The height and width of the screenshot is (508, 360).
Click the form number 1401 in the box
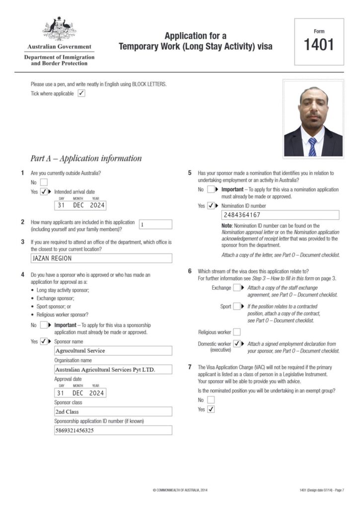tap(319, 45)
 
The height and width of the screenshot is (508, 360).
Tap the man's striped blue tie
tap(312, 147)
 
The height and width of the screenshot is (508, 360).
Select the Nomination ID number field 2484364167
tap(280, 215)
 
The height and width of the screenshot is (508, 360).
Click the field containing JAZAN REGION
tap(101, 258)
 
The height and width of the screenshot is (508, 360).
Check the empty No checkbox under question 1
tap(44, 182)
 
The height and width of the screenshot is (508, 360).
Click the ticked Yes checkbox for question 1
tap(44, 191)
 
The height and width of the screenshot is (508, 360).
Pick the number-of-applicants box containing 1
tap(155, 224)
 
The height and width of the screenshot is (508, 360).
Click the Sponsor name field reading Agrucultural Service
tap(113, 351)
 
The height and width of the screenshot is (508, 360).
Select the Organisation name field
tap(113, 370)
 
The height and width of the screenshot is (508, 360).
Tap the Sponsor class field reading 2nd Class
tap(113, 412)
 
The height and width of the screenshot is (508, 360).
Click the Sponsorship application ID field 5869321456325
tap(113, 431)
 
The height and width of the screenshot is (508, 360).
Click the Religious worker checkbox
tap(236, 332)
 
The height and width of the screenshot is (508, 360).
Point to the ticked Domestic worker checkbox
tap(237, 344)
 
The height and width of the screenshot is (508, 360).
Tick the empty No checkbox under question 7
tap(211, 400)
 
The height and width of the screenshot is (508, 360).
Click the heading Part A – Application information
tap(86, 159)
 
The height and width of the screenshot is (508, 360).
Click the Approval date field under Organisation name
tap(80, 393)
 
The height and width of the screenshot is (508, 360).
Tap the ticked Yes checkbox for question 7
tap(211, 409)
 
